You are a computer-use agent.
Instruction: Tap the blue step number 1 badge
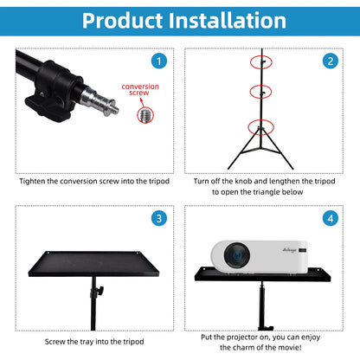click(157, 61)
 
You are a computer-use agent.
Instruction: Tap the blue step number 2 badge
click(330, 61)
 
